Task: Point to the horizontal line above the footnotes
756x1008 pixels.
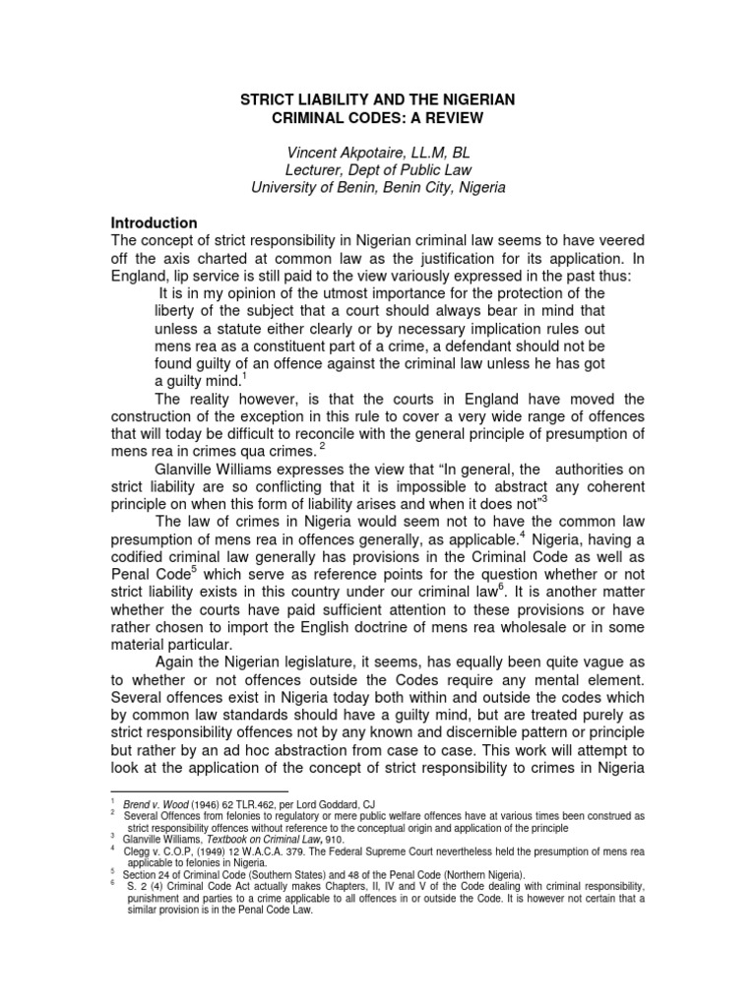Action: [x=198, y=790]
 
